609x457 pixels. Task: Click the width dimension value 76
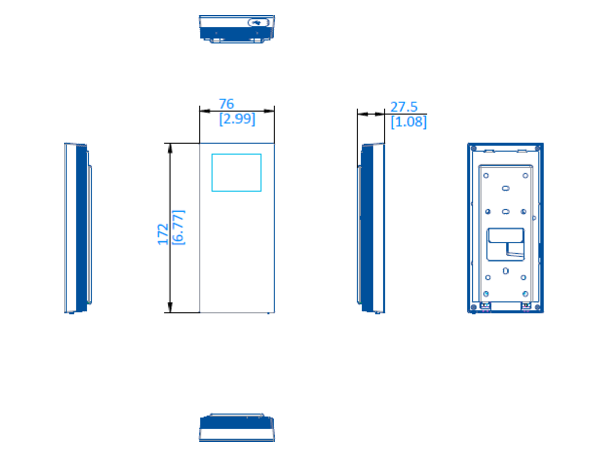226,104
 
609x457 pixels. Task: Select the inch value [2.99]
237,119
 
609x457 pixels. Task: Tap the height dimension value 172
163,235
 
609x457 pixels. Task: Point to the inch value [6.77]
178,227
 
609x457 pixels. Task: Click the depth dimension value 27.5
403,107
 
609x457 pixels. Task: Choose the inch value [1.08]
409,122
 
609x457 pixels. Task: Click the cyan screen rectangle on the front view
236,154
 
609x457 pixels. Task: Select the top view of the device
236,29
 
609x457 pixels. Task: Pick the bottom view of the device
236,428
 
